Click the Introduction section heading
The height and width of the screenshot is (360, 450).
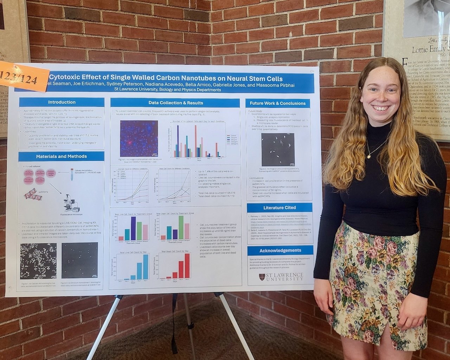pos(62,102)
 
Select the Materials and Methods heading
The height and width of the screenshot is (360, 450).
pos(62,156)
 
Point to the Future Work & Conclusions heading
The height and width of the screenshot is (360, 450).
pos(277,103)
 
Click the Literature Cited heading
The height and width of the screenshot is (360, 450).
pos(279,208)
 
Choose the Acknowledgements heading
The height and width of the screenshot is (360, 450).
pos(280,250)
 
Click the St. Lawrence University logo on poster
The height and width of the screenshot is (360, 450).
pos(281,277)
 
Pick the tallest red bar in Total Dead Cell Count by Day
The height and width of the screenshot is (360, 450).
pos(187,266)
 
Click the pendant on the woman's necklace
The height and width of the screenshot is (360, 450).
pos(369,156)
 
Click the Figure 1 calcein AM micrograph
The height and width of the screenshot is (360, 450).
pos(38,261)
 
